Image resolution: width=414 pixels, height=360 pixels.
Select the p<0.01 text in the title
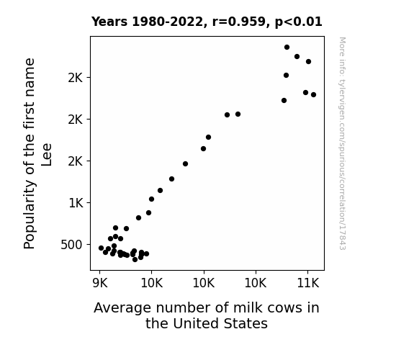click(299, 22)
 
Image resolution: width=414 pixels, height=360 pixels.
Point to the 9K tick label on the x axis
click(100, 283)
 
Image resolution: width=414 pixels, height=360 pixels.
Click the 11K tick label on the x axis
click(308, 283)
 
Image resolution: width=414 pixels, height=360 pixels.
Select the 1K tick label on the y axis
click(76, 203)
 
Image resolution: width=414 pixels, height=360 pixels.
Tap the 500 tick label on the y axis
click(71, 245)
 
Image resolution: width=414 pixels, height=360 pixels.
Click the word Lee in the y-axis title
click(47, 155)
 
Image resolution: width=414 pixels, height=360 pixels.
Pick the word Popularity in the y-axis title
click(29, 215)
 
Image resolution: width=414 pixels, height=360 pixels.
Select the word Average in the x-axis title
click(122, 308)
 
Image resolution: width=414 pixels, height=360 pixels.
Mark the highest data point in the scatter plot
click(287, 48)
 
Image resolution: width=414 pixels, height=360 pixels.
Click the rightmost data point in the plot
click(313, 94)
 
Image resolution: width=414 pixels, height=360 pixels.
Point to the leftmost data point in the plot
click(101, 248)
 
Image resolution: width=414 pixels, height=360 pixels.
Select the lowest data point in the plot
click(135, 260)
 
